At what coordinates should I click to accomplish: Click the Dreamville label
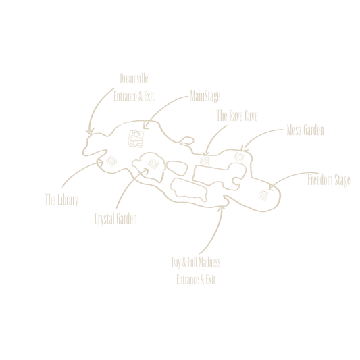(x=134, y=78)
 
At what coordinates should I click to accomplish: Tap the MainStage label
(x=205, y=96)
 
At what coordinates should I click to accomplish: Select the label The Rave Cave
(x=237, y=115)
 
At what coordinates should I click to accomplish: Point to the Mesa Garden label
(x=305, y=130)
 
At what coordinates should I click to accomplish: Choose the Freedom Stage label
(x=329, y=180)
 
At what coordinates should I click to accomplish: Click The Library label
(x=61, y=200)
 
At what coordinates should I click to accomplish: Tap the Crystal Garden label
(x=115, y=219)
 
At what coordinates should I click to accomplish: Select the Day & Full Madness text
(x=196, y=262)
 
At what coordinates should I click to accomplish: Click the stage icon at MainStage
(x=136, y=138)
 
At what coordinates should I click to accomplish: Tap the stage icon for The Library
(x=111, y=161)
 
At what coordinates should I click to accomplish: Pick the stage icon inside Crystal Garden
(x=153, y=164)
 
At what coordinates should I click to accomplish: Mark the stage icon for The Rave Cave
(x=205, y=161)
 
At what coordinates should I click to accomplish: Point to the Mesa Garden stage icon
(x=239, y=157)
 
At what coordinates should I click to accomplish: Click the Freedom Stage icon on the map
(x=263, y=195)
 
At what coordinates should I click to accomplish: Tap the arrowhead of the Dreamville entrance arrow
(x=90, y=132)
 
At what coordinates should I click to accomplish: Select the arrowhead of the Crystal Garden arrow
(x=147, y=170)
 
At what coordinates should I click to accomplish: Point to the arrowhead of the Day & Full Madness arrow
(x=222, y=207)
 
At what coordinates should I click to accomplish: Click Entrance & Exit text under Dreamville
(x=134, y=97)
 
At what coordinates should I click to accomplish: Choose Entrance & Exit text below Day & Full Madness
(x=196, y=280)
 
